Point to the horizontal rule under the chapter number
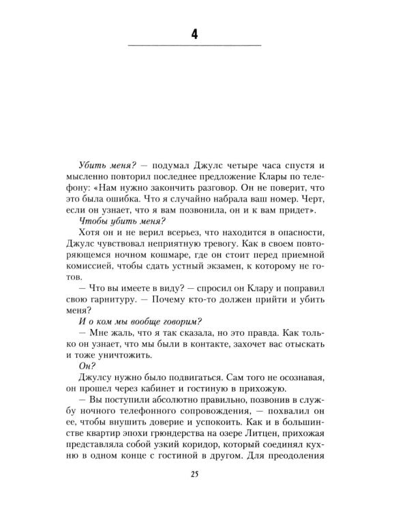(194, 46)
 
